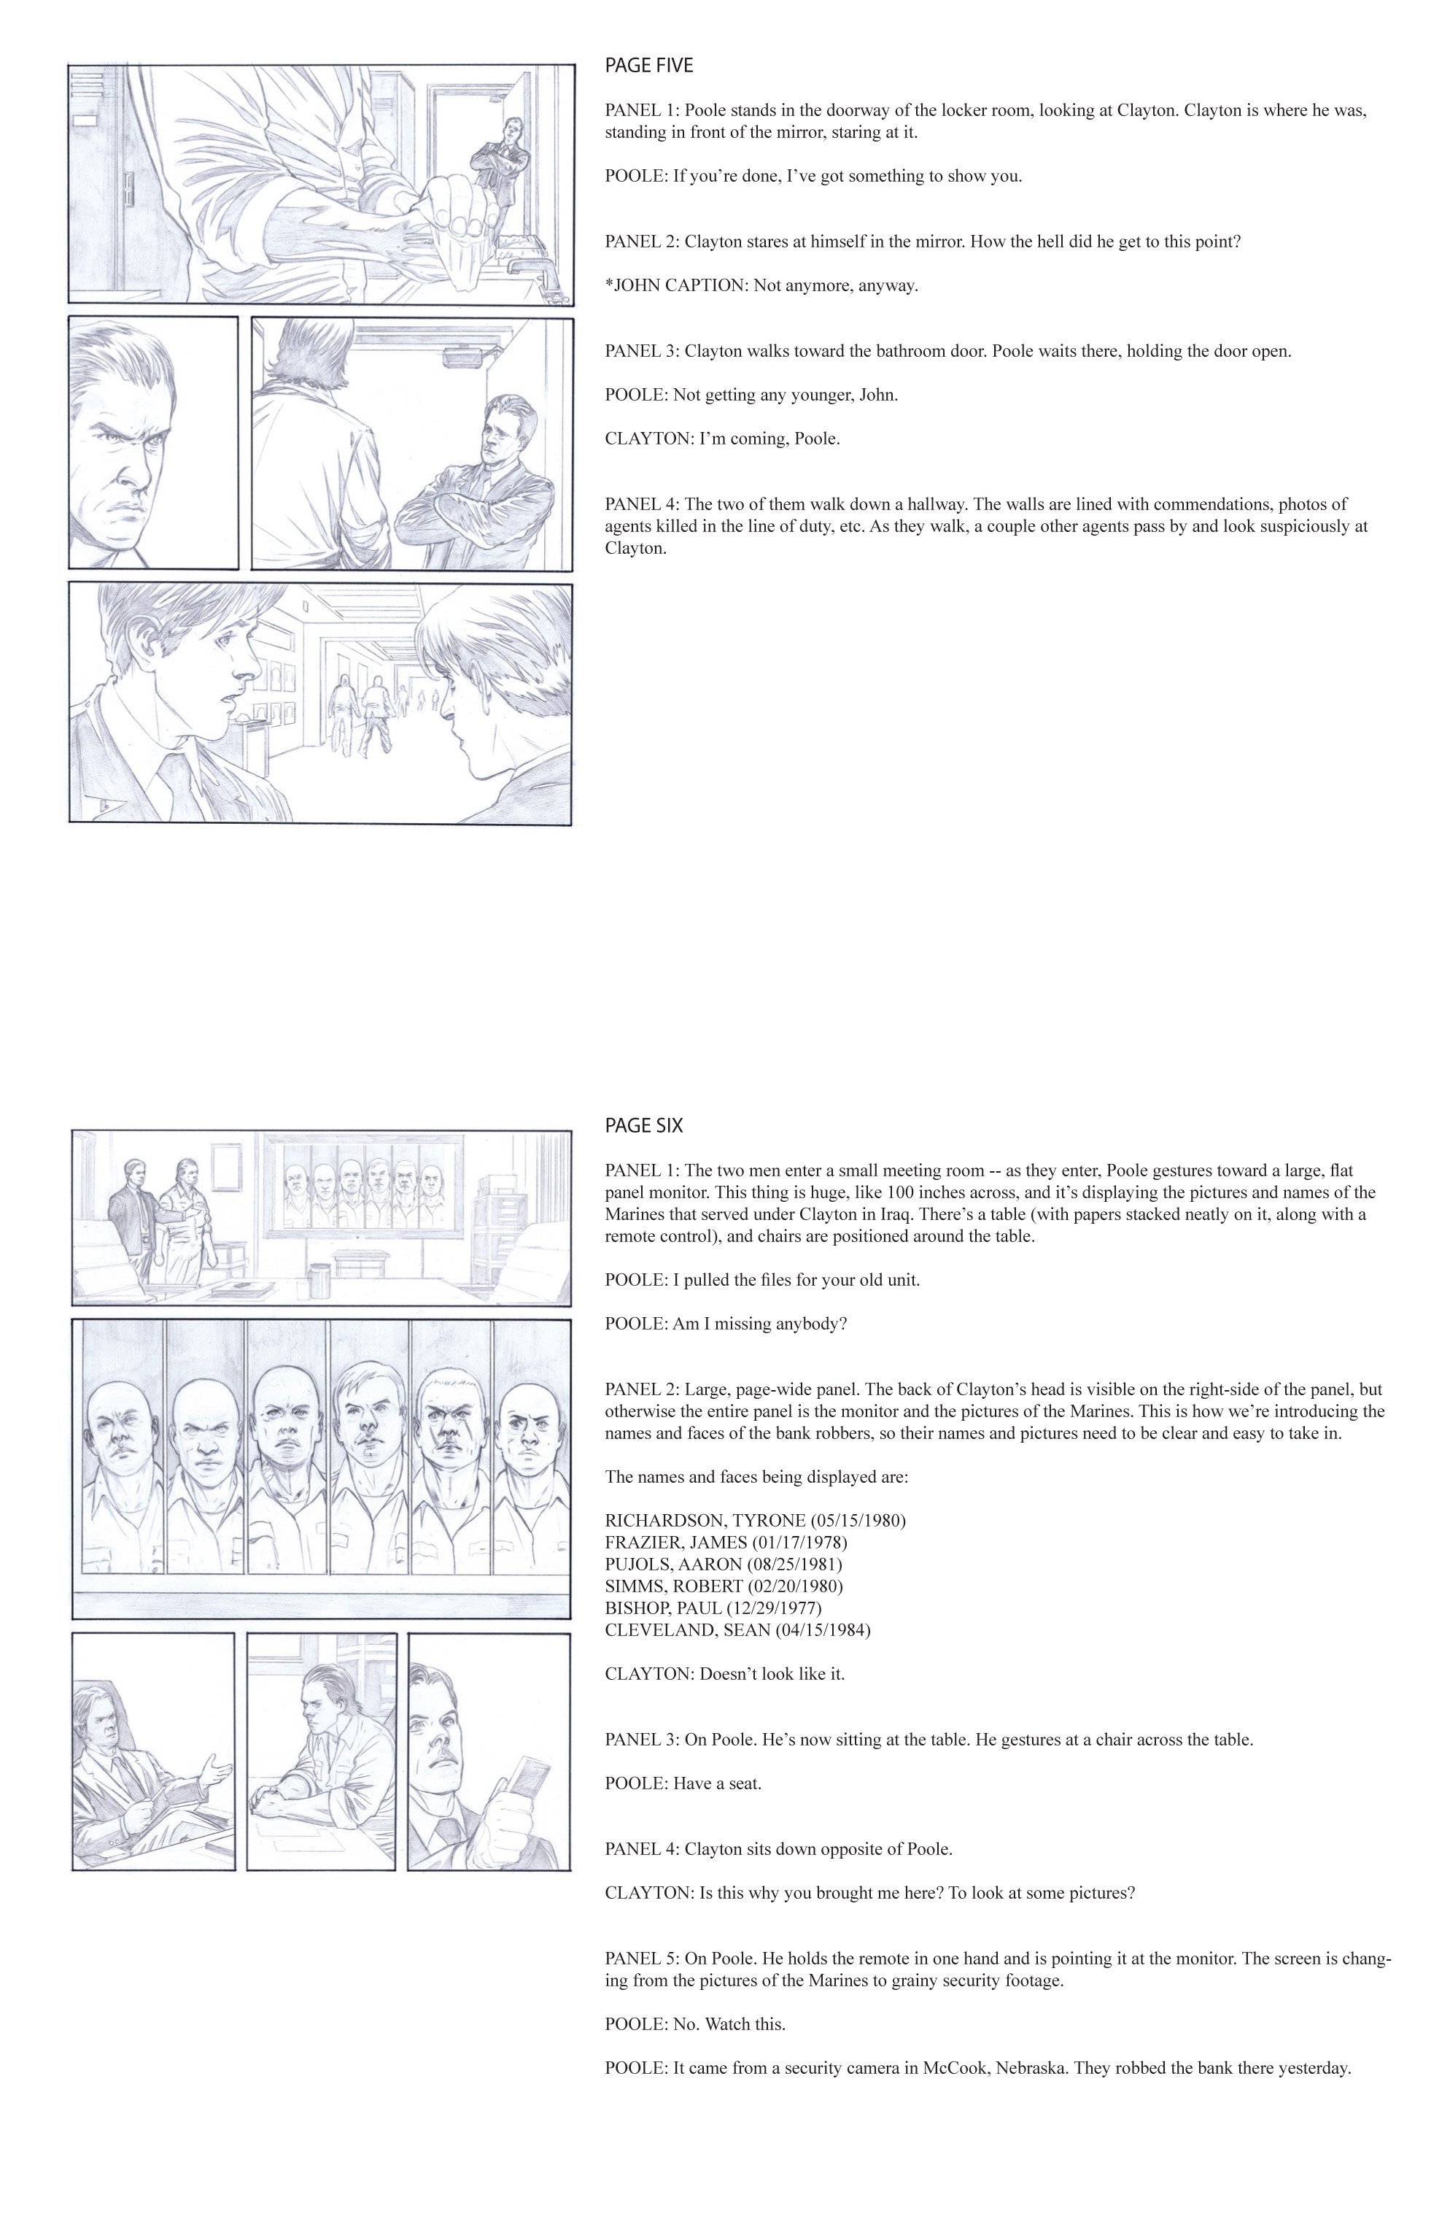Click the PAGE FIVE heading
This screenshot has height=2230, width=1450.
click(648, 66)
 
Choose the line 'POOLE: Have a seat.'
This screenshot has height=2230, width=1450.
click(683, 1783)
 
